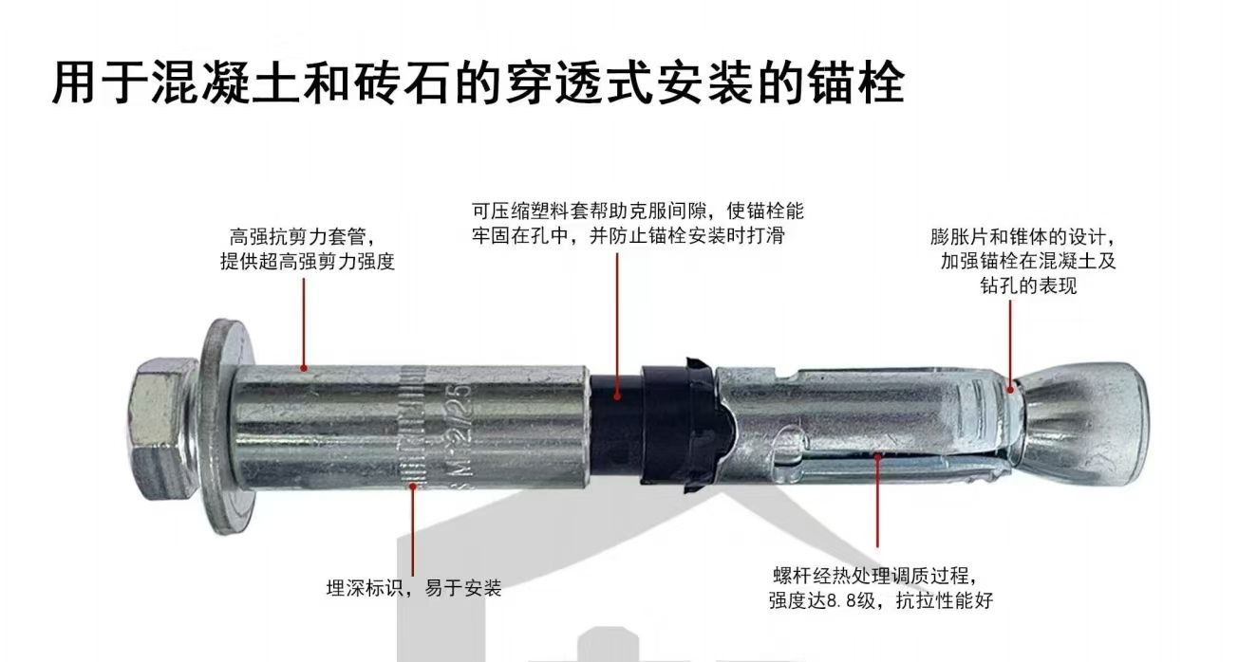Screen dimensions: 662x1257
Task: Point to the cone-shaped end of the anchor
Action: (1092, 417)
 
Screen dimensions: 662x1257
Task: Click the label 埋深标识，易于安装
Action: (413, 588)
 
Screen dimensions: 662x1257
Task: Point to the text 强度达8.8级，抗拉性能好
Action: (880, 600)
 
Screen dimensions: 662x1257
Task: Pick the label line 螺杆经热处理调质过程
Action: (873, 575)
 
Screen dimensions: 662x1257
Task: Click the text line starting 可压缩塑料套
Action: (638, 211)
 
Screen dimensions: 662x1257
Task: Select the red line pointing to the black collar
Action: (617, 322)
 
